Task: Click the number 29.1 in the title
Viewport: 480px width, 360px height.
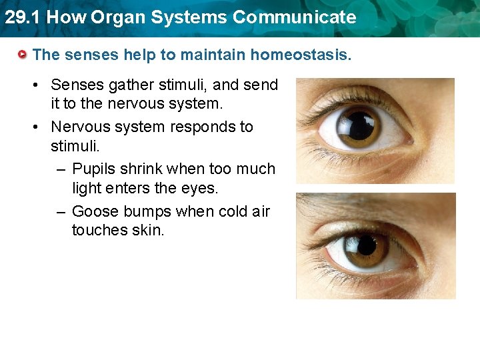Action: (x=22, y=17)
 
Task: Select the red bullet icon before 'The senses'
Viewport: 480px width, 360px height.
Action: (x=23, y=54)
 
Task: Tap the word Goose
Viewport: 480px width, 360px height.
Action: (x=93, y=212)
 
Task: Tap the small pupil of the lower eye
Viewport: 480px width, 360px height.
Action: (x=366, y=246)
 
